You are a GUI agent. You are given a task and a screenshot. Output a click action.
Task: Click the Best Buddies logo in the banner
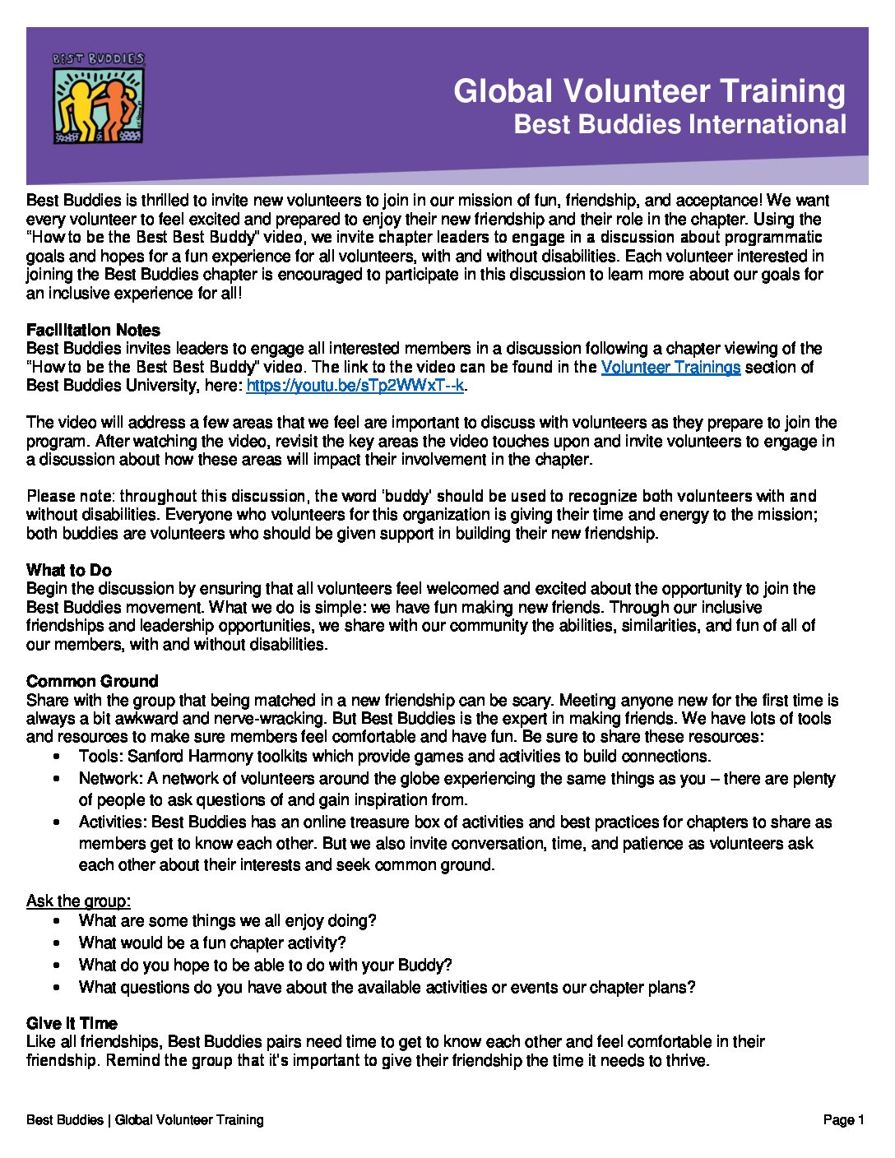[x=99, y=98]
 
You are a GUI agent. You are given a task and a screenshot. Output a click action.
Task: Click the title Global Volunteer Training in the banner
[x=649, y=91]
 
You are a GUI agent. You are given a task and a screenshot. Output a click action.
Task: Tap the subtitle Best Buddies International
[x=679, y=124]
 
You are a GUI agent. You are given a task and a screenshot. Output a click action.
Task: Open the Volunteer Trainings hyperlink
[x=670, y=368]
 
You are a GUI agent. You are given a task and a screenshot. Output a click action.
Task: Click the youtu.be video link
[x=355, y=386]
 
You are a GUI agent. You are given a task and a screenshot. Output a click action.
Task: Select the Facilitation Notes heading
[x=93, y=330]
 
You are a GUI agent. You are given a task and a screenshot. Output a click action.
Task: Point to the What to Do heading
[x=69, y=570]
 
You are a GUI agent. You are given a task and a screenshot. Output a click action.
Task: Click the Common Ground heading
[x=92, y=681]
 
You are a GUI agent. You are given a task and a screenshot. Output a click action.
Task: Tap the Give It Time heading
[x=72, y=1023]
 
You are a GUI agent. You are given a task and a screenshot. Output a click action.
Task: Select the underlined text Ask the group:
[x=78, y=901]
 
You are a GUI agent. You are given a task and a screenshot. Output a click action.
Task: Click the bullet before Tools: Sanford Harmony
[x=56, y=757]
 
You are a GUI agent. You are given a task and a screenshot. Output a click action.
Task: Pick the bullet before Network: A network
[x=56, y=779]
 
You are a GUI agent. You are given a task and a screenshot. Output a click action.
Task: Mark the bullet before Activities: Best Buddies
[x=56, y=822]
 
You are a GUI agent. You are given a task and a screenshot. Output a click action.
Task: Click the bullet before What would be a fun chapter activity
[x=56, y=943]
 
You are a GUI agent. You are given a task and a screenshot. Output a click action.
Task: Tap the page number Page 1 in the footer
[x=843, y=1119]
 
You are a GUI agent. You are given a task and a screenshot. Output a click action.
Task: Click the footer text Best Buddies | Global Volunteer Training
[x=145, y=1119]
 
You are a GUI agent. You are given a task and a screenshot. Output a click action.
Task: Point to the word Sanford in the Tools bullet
[x=155, y=756]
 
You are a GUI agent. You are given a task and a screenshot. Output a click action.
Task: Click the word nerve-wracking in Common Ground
[x=265, y=719]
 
